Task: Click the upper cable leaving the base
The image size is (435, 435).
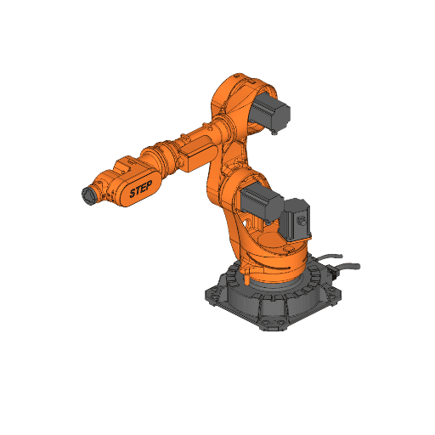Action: pyautogui.click(x=336, y=255)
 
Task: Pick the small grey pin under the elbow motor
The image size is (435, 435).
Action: pyautogui.click(x=276, y=132)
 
